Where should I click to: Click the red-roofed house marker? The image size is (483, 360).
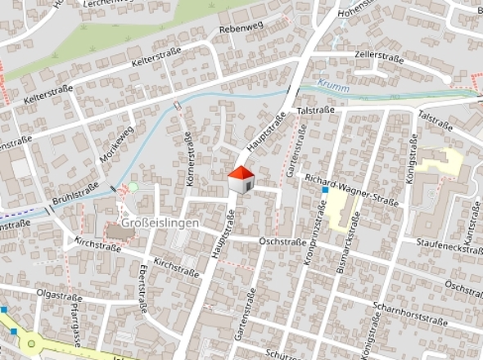coord(241,181)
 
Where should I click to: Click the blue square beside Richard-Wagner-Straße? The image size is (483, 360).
coord(325,191)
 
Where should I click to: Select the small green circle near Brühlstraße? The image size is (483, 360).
coord(133,187)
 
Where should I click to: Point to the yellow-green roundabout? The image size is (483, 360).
coord(31,344)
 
